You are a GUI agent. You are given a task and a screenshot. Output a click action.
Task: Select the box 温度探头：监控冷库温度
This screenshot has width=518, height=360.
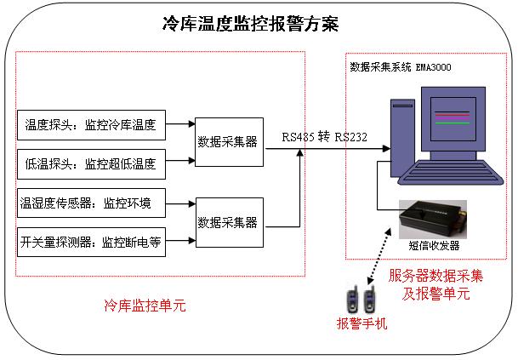[x=90, y=125]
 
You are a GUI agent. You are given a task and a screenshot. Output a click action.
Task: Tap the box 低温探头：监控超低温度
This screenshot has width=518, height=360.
[x=90, y=161]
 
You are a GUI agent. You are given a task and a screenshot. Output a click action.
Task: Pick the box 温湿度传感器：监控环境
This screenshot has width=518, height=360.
[x=90, y=203]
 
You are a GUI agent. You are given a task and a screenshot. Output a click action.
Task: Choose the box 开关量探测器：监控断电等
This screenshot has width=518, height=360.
[x=90, y=242]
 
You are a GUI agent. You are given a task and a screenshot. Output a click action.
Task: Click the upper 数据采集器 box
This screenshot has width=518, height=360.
[x=227, y=141]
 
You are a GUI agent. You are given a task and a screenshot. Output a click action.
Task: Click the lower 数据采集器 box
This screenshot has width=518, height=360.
[x=227, y=222]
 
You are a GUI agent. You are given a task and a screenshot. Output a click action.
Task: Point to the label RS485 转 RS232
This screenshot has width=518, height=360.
[x=325, y=136]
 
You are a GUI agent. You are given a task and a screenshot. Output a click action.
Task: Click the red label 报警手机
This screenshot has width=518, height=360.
[x=361, y=323]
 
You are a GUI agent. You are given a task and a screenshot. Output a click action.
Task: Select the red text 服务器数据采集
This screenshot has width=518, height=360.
[x=435, y=277]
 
